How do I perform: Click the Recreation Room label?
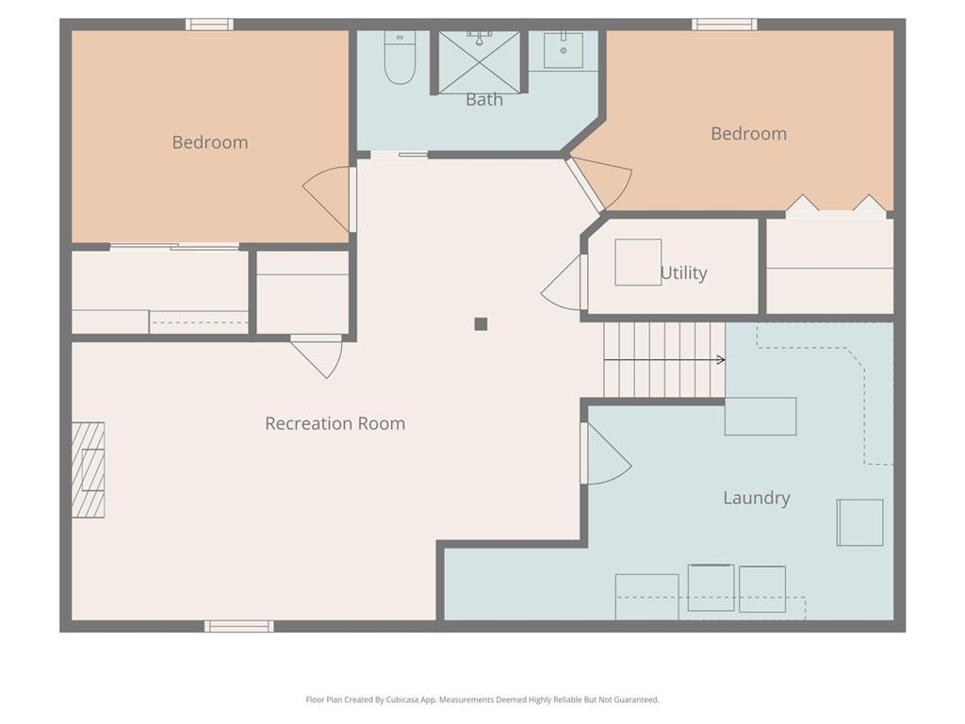335,423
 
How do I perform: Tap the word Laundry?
757,498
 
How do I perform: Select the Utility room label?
683,272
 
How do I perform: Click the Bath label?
484,100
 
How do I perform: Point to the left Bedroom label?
210,142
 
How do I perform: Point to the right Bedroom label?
748,134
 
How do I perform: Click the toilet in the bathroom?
400,58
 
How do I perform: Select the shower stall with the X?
480,62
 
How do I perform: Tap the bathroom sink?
564,49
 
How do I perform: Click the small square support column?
481,324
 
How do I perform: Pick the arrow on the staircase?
664,360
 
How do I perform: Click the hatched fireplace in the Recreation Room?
88,469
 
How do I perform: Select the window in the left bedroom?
210,25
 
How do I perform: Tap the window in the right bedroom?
725,25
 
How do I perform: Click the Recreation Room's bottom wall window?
239,626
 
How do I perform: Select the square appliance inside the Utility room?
638,262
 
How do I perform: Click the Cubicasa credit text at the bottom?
482,699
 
